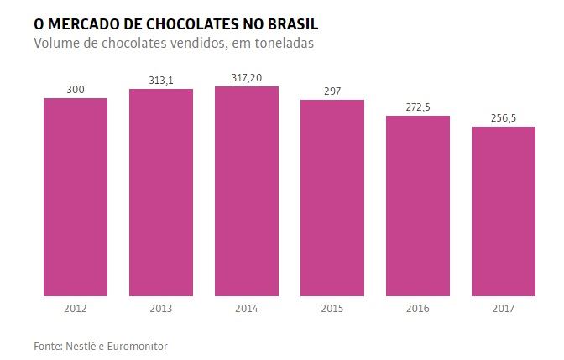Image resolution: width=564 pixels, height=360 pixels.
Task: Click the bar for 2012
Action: pos(75,197)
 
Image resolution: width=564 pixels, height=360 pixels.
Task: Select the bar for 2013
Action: pos(160,192)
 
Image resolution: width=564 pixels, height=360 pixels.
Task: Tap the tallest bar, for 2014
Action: pos(247,191)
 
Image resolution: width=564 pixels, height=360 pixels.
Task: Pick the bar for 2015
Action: pos(332,198)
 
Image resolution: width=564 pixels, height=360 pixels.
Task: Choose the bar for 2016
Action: pos(418,206)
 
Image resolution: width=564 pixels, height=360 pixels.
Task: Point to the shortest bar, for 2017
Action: pos(504,211)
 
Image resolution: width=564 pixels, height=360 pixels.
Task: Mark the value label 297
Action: pos(332,91)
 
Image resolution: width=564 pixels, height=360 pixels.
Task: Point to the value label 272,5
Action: pos(418,107)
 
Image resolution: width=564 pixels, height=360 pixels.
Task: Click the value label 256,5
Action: pos(504,118)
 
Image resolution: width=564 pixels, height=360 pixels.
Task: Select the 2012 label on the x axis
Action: pos(75,308)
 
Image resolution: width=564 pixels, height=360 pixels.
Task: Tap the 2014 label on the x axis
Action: pos(247,308)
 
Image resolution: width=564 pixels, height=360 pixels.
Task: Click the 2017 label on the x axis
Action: pos(504,308)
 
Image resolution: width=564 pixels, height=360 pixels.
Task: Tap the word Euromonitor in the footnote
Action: pos(138,346)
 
